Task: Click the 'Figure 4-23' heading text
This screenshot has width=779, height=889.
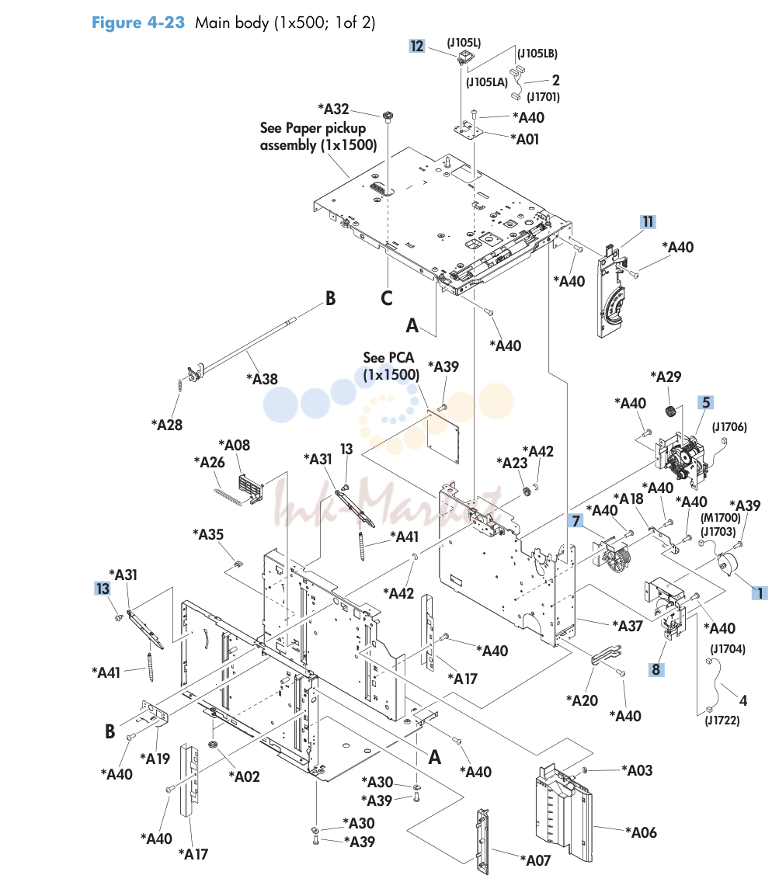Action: (138, 23)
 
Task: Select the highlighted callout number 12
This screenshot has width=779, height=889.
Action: (417, 46)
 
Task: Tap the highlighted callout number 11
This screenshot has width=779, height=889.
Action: (648, 222)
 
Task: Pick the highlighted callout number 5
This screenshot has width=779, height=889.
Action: (706, 402)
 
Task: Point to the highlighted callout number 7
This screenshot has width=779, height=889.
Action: (576, 520)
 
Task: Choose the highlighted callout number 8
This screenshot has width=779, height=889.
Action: (656, 669)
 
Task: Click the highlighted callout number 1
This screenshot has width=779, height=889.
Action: (760, 593)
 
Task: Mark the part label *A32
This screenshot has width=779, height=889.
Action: (333, 109)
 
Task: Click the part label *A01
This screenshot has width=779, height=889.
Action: (524, 140)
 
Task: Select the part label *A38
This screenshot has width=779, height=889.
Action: (262, 379)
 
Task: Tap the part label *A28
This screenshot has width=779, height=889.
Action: (167, 425)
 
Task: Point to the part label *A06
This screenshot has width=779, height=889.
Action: (642, 832)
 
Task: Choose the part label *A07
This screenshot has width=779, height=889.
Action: (536, 860)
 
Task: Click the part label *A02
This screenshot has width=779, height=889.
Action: (245, 776)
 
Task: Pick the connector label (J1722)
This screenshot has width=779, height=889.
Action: (722, 721)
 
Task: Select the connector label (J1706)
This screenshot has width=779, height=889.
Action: (729, 427)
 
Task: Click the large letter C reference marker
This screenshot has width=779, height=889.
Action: (387, 298)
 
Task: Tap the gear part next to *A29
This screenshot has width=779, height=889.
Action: (671, 411)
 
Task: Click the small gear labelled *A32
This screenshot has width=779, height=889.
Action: (388, 117)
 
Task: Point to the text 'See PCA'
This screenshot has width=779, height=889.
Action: (389, 358)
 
